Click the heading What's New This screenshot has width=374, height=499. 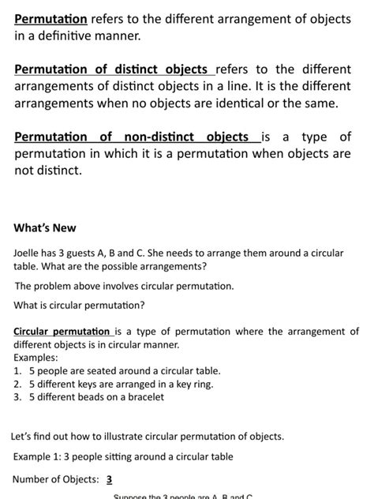45,228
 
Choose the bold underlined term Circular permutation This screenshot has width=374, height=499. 62,332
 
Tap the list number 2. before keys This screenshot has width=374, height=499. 18,384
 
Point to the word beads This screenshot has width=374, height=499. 93,397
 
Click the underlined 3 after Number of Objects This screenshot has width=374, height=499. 109,479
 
